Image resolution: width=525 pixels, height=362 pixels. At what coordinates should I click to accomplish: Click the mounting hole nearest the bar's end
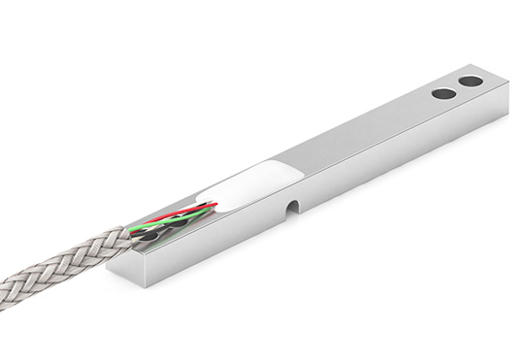[x=471, y=82]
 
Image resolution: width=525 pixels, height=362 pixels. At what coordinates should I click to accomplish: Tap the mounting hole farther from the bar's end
[x=443, y=94]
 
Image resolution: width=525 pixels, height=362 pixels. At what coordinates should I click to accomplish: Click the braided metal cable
[x=58, y=267]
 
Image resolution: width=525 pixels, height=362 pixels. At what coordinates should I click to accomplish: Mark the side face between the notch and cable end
[x=213, y=243]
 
